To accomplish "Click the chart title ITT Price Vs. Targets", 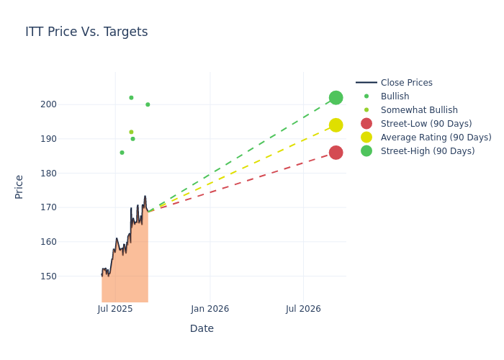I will point(86,32).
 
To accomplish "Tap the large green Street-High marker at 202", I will point(336,98).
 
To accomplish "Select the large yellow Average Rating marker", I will point(336,125).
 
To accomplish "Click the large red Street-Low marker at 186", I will point(336,153).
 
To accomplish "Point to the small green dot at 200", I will point(148,104).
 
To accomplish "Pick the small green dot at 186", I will point(122,153).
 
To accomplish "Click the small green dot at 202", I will point(131,98).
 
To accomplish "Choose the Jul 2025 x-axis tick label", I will point(115,309).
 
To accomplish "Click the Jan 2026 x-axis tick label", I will point(210,309).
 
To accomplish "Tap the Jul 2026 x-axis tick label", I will point(303,309).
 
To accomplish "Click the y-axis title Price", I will point(19,186).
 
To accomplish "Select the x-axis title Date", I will point(202,329).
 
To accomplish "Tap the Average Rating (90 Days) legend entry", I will point(436,138).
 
